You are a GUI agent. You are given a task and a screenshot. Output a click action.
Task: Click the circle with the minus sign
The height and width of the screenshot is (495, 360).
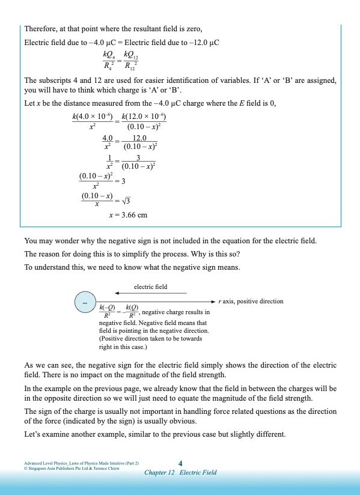click(x=85, y=303)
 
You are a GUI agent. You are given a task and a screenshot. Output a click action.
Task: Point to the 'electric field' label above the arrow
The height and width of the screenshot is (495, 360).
click(x=150, y=287)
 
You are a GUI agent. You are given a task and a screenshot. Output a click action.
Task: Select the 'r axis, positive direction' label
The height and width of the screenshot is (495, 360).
click(x=251, y=301)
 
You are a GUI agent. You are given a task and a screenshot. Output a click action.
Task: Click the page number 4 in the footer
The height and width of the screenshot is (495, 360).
click(x=180, y=463)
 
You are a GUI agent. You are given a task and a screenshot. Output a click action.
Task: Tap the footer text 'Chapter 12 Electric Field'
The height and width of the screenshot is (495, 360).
click(x=180, y=472)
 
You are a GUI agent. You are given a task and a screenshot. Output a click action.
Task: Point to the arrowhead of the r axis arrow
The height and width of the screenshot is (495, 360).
click(x=212, y=301)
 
